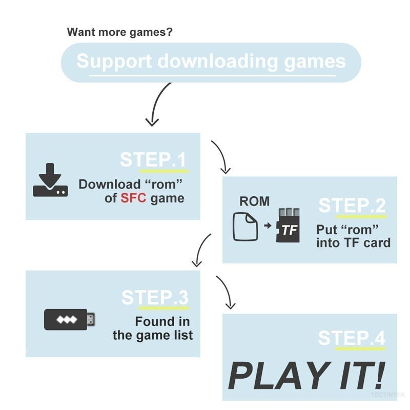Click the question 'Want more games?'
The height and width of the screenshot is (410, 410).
(x=120, y=32)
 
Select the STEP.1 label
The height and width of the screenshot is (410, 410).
(x=154, y=159)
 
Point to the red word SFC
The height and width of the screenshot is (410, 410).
(x=134, y=198)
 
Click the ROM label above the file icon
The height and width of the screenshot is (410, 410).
(x=254, y=201)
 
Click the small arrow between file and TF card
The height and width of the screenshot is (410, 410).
(x=267, y=225)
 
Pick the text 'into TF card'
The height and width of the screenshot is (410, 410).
(x=353, y=242)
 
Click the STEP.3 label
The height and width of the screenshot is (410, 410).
(x=155, y=298)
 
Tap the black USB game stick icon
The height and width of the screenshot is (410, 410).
(x=69, y=319)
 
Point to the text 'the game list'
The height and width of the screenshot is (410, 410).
(x=153, y=335)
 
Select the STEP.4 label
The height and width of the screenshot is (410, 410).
(x=352, y=338)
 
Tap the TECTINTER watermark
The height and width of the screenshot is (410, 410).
(x=388, y=395)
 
